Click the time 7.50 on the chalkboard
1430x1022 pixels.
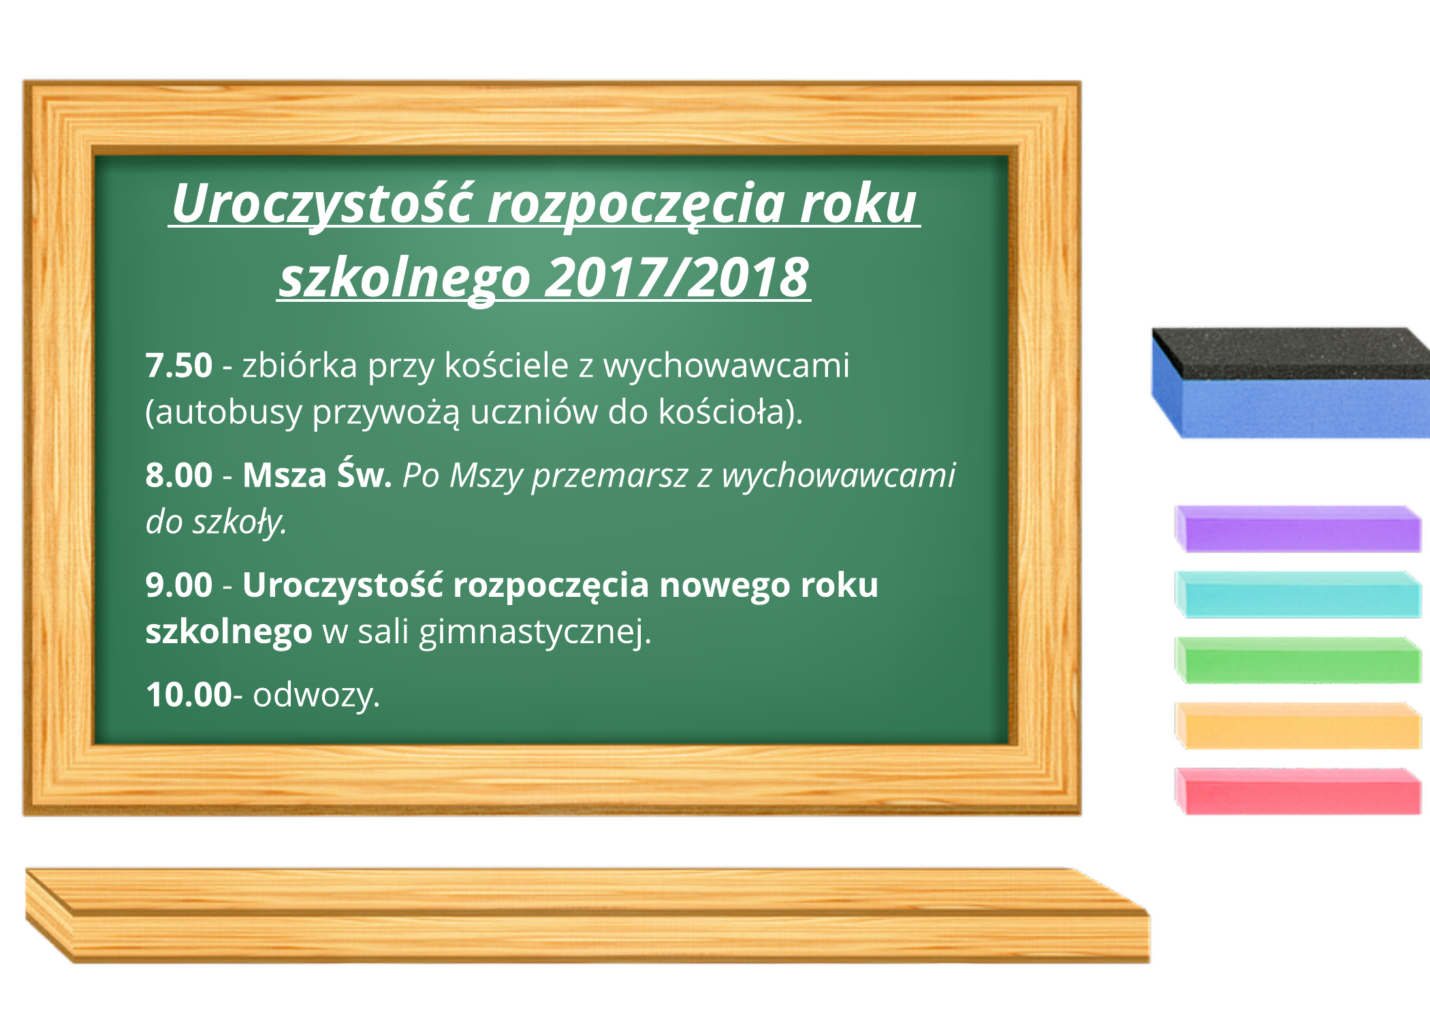[x=179, y=366]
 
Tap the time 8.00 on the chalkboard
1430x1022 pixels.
[x=179, y=476]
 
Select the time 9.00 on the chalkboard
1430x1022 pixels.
[x=179, y=585]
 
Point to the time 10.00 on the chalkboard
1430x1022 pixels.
[x=189, y=695]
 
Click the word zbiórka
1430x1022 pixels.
[x=300, y=366]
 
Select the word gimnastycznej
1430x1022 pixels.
[x=535, y=633]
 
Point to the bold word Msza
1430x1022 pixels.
[x=285, y=476]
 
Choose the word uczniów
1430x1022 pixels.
[x=534, y=413]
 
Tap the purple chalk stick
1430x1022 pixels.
[x=1298, y=529]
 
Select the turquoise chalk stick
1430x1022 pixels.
[x=1298, y=595]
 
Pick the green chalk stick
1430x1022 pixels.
[x=1298, y=660]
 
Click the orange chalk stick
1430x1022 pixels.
[x=1298, y=726]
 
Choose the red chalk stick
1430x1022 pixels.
[x=1298, y=791]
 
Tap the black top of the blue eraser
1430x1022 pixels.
[x=1294, y=353]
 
